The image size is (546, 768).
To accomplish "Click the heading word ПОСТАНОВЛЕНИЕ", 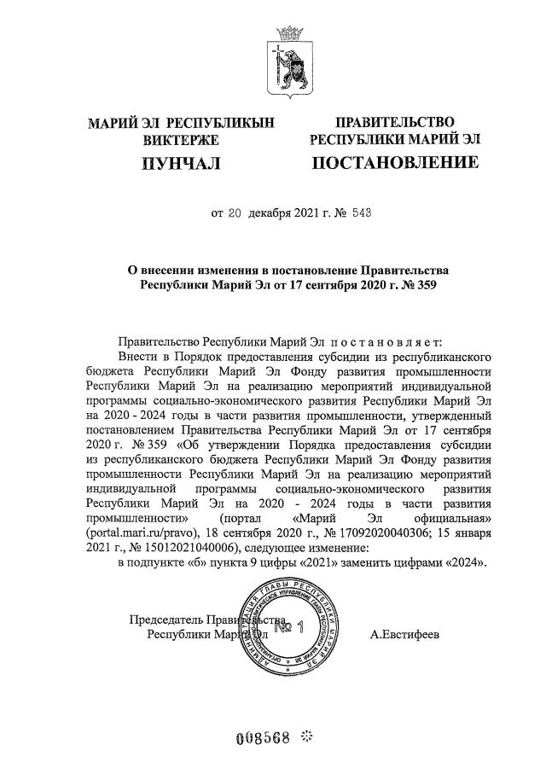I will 395,160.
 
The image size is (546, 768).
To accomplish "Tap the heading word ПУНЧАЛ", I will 180,160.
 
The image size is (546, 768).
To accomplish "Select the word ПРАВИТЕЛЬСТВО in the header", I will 395,122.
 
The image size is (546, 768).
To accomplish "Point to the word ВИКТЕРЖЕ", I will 180,139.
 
